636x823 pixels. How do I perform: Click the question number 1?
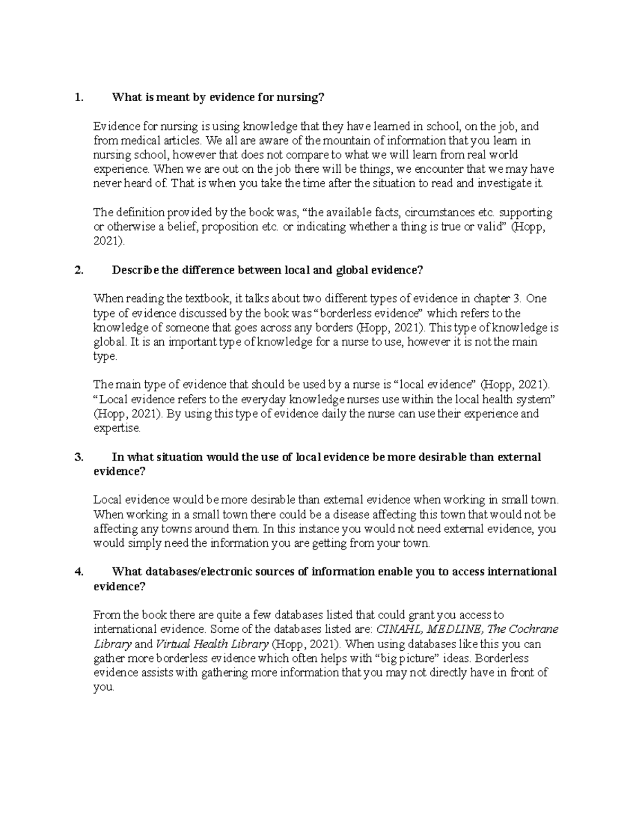(79, 98)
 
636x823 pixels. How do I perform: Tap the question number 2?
(79, 270)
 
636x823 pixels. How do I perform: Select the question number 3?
(79, 457)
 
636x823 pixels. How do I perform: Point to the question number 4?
(79, 572)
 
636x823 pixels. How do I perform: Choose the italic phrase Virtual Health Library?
(212, 644)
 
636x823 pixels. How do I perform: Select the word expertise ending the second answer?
(117, 428)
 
